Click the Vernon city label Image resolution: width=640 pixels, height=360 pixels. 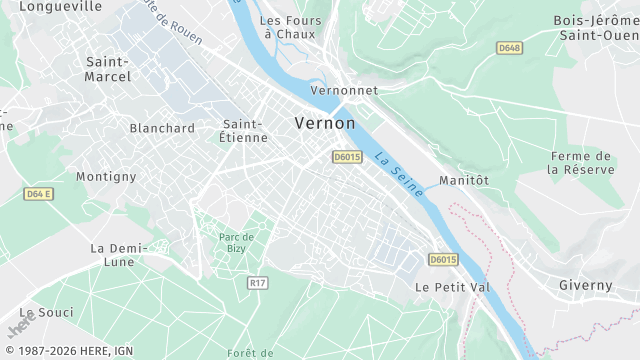coord(324,122)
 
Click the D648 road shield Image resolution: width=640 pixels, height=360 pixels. coord(510,47)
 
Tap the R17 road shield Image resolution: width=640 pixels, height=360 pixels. coord(257,283)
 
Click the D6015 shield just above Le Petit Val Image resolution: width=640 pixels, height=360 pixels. coord(443,260)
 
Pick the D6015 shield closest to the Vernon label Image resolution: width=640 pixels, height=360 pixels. coord(347,156)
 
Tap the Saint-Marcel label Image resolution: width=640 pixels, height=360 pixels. coord(109,68)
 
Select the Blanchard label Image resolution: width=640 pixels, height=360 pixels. coord(162,128)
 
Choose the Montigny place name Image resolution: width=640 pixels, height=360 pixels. coord(106,176)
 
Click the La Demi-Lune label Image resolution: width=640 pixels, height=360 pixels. coord(118,255)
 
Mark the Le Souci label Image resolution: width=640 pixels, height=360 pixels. coord(46,313)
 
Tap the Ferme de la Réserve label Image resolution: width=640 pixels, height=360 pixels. coord(579,163)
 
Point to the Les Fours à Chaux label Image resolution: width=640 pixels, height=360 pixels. coord(283,27)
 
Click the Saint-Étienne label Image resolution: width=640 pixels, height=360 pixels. coord(243,131)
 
